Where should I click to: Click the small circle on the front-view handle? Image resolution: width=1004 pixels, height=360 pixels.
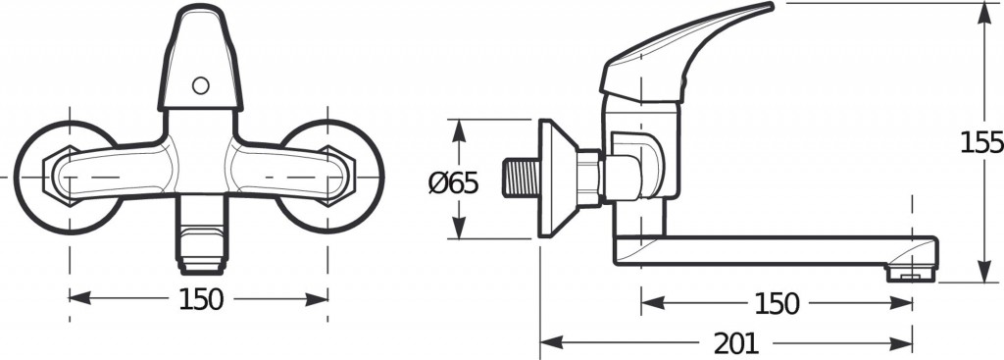pos(200,85)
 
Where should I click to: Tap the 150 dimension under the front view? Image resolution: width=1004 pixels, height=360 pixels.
pos(201,299)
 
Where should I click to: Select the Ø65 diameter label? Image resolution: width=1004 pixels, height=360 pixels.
pos(453,184)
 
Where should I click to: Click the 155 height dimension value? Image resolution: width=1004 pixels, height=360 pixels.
pos(981,142)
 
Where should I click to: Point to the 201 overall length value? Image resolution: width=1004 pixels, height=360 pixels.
pos(736,344)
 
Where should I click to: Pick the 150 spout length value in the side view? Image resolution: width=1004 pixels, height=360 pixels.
pos(777,304)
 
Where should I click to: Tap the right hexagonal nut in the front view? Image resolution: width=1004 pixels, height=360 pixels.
pos(337,177)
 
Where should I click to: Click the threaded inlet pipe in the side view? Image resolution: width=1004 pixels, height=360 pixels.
pos(522,179)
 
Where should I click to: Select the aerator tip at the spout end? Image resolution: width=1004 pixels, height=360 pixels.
pos(911,274)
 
